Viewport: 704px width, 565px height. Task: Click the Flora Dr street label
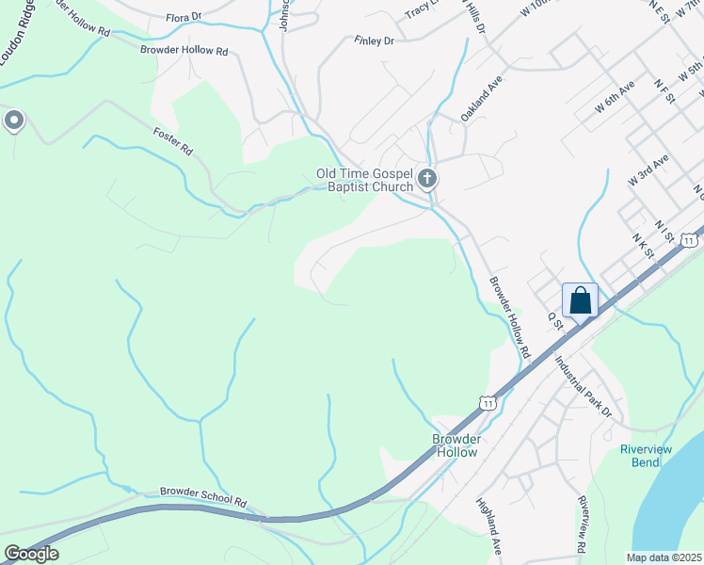point(184,17)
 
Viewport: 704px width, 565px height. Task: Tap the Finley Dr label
point(374,40)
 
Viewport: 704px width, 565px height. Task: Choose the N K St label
point(644,246)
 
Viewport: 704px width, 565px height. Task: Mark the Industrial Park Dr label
point(584,387)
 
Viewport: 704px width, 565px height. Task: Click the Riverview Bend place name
point(646,456)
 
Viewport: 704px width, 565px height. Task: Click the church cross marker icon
point(427,177)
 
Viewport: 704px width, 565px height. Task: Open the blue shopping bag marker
point(580,300)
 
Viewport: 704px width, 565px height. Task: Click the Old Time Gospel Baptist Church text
point(365,180)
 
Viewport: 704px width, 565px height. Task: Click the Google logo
point(31,554)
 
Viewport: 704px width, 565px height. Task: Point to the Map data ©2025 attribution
point(664,557)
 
